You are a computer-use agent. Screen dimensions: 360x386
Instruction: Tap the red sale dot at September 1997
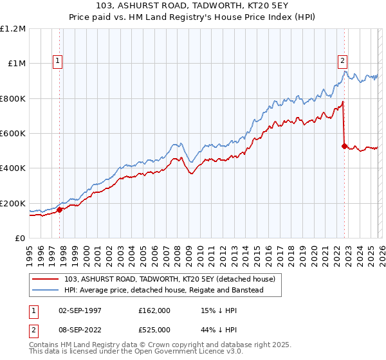pyautogui.click(x=59, y=209)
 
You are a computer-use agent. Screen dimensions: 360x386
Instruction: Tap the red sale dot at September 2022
pyautogui.click(x=344, y=145)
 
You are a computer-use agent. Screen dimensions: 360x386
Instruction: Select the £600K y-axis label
pyautogui.click(x=13, y=133)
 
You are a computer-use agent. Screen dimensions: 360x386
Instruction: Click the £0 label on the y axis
pyautogui.click(x=19, y=238)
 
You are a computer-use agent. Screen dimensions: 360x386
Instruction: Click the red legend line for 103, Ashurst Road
pyautogui.click(x=47, y=279)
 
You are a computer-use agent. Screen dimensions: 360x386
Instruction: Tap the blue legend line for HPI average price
pyautogui.click(x=47, y=290)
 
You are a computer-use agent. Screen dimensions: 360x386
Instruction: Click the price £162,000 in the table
pyautogui.click(x=154, y=310)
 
